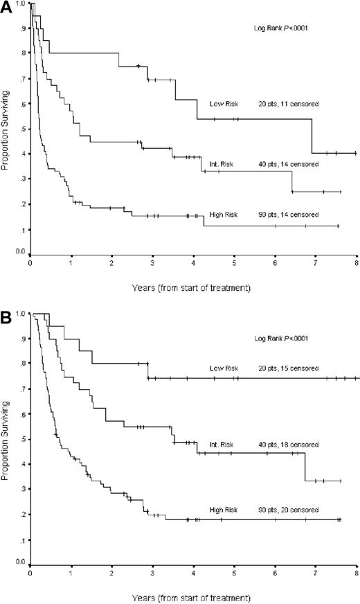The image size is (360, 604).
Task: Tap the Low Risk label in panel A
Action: click(x=224, y=104)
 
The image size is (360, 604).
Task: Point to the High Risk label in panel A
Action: click(x=224, y=215)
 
